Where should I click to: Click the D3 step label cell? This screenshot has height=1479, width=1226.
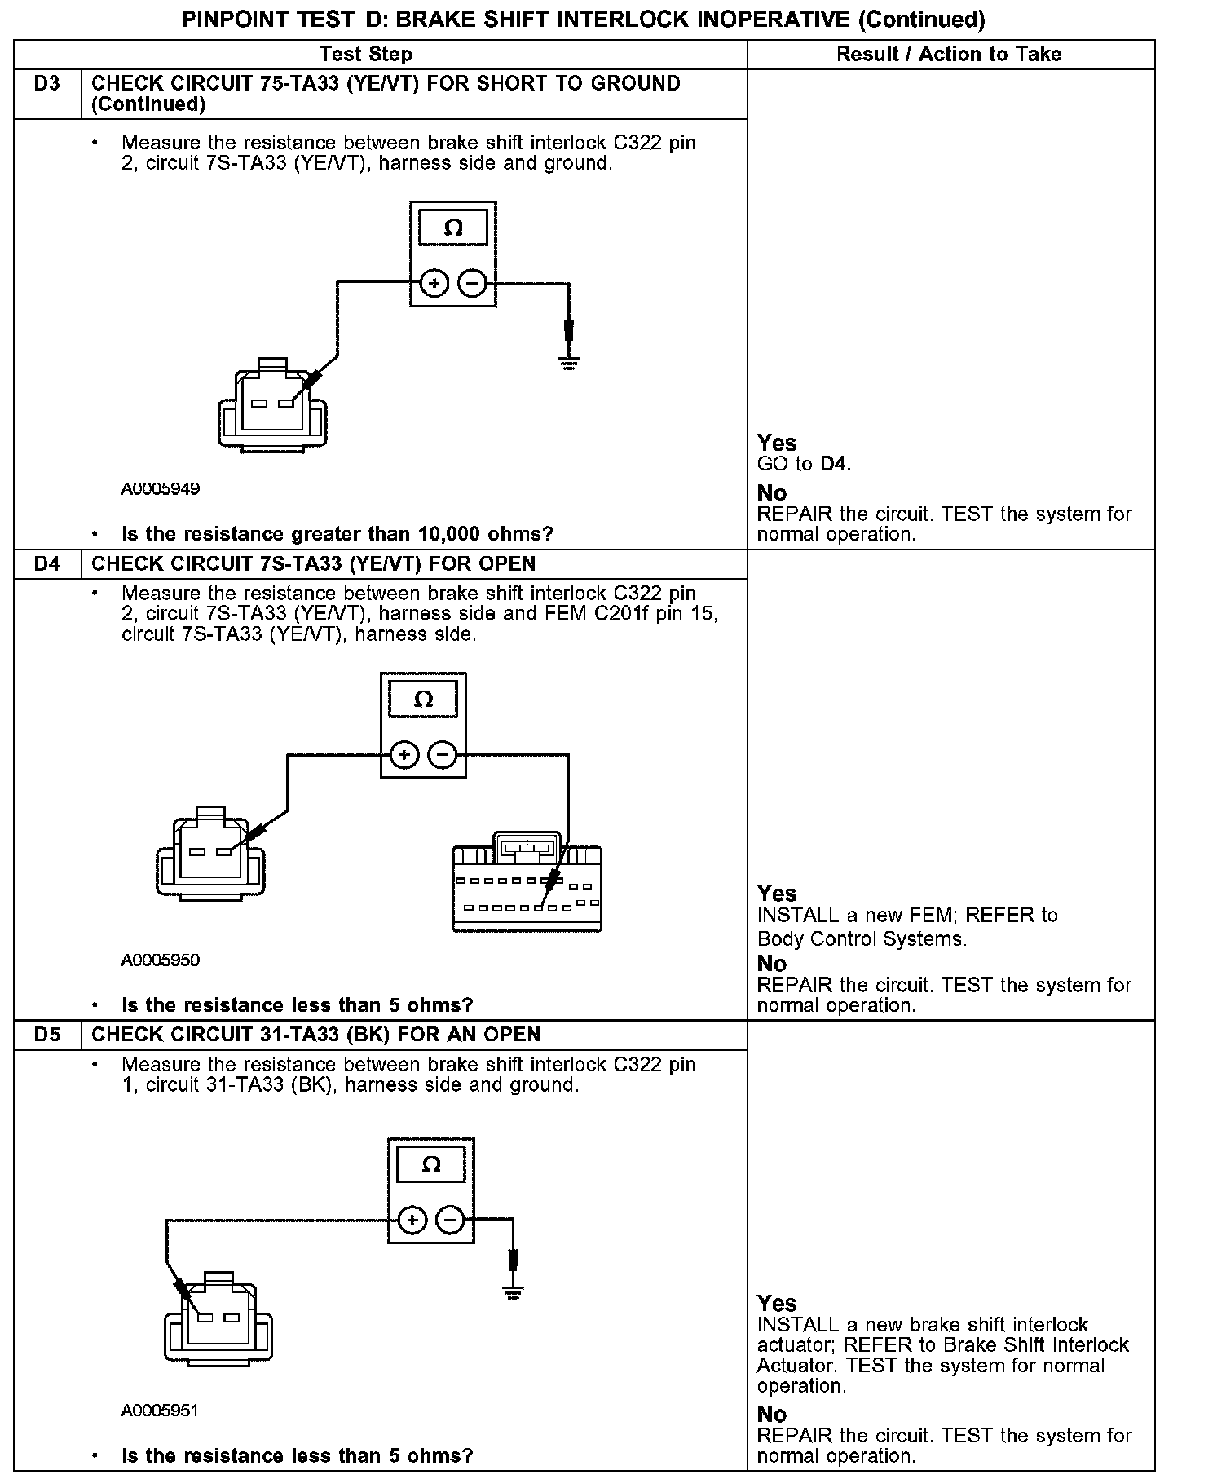(x=47, y=84)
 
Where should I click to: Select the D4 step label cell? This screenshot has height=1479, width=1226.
(x=47, y=564)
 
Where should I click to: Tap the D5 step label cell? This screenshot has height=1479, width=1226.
(x=47, y=1035)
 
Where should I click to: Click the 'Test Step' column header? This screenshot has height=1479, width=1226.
(x=366, y=55)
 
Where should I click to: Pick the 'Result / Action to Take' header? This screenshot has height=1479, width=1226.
(x=949, y=55)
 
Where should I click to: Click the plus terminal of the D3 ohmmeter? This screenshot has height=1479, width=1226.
(x=434, y=284)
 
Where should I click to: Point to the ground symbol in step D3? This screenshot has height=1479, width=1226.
(x=569, y=362)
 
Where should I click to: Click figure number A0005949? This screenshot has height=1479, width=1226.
(x=161, y=489)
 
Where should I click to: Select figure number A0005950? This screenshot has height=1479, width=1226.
(x=161, y=960)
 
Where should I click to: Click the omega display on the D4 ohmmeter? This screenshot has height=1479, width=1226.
(x=423, y=700)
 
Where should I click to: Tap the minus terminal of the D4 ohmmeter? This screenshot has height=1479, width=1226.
(x=443, y=755)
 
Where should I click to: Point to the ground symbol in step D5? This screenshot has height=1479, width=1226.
(x=513, y=1292)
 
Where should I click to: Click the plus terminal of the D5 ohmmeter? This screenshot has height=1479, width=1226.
(x=412, y=1221)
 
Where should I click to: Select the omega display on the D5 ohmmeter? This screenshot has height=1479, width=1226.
(x=431, y=1165)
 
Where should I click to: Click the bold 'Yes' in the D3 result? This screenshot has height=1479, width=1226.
(x=776, y=443)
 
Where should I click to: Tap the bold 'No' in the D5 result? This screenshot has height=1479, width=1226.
(x=772, y=1415)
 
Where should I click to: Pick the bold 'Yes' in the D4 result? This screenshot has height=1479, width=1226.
(x=776, y=893)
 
